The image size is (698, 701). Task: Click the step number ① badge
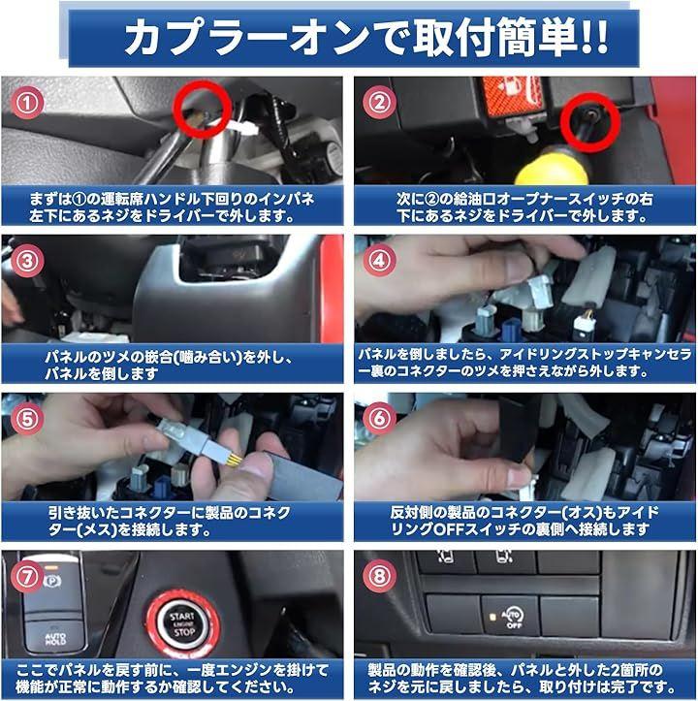click(x=27, y=103)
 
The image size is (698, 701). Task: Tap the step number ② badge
click(x=379, y=103)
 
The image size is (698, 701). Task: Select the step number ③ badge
click(x=27, y=261)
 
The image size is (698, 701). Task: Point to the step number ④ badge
click(x=379, y=260)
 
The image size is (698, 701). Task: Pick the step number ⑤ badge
click(x=27, y=419)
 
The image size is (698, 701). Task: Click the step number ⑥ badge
click(x=379, y=419)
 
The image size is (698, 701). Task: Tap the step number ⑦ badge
click(x=27, y=576)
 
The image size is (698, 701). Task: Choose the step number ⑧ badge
click(x=379, y=576)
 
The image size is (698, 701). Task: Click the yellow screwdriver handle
click(x=551, y=169)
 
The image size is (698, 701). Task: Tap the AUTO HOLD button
click(x=55, y=636)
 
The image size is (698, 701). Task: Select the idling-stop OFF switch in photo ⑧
click(x=510, y=615)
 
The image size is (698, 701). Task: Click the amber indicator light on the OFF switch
click(x=492, y=618)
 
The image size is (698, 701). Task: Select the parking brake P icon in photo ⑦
click(x=52, y=581)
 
